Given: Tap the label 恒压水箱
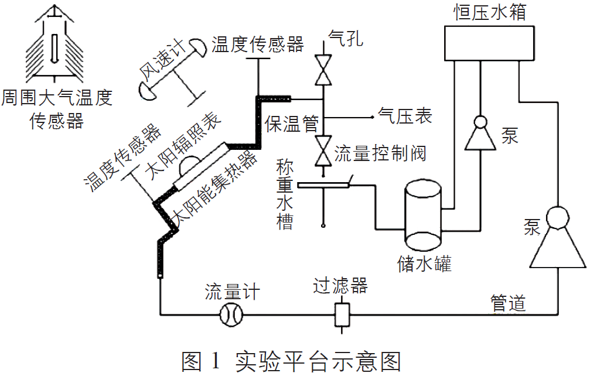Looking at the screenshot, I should click(489, 12).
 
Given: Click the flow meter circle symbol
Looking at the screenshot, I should click(231, 315).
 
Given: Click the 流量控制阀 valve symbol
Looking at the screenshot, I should click(322, 150).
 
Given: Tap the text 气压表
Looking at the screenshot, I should click(405, 116).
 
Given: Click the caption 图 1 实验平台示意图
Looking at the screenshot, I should click(291, 360).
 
